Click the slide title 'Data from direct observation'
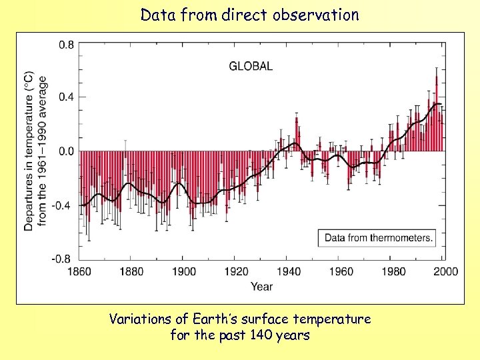249,15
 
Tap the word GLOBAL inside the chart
251,66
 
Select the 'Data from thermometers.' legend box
378,237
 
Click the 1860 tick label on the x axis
79,271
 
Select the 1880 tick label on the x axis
132,271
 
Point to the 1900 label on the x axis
185,271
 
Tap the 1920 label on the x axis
237,271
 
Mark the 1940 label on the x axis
290,271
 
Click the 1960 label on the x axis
342,271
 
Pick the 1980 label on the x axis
395,271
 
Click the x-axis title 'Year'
261,287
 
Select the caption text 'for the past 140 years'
240,335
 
